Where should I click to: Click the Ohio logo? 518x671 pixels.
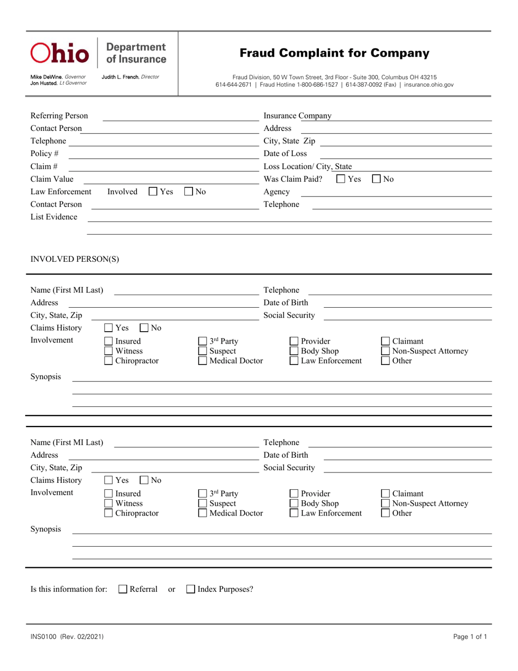point(59,53)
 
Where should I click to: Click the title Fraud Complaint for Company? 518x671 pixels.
point(334,53)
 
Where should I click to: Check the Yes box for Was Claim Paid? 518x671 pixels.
point(341,179)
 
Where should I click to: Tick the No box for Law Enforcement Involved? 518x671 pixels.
point(189,191)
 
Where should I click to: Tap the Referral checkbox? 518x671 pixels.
point(123,589)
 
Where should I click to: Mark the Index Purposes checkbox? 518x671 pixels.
point(191,589)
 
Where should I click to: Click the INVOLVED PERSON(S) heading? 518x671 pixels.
point(74,259)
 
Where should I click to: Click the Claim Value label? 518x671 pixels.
point(52,179)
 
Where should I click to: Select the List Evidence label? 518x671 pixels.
point(53,217)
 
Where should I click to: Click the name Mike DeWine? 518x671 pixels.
point(46,77)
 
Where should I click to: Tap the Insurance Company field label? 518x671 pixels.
point(297,116)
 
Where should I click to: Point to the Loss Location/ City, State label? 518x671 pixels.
point(308,166)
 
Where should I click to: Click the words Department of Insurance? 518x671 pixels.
point(136,53)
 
